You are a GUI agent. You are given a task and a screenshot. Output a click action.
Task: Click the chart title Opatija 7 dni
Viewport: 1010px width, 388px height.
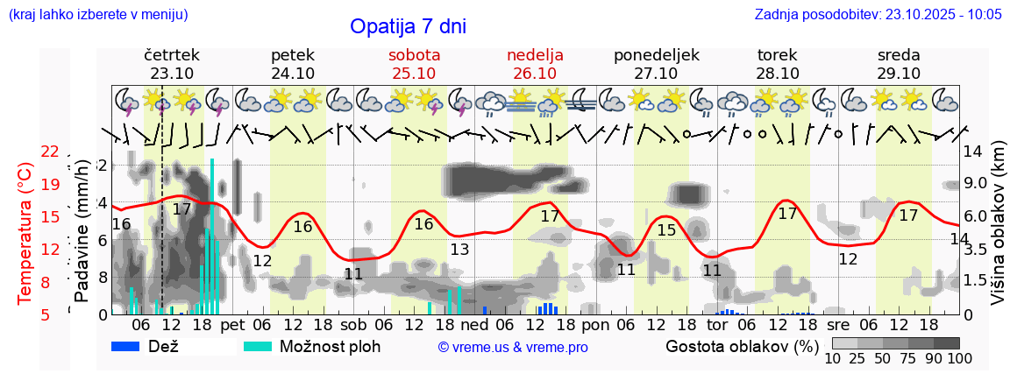tap(408, 26)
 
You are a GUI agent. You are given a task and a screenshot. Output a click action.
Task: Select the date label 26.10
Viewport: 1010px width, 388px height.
tap(535, 74)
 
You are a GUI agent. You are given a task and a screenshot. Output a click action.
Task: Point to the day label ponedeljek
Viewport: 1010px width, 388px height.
tap(657, 55)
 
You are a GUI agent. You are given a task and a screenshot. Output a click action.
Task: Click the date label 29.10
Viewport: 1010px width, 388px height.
tap(899, 74)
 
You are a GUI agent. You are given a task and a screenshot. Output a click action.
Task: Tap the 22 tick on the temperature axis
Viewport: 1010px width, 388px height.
tap(50, 152)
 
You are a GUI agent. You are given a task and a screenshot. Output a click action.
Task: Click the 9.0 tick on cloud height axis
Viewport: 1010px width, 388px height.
tap(975, 183)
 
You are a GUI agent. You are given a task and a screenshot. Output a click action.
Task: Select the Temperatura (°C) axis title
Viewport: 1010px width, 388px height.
tap(25, 234)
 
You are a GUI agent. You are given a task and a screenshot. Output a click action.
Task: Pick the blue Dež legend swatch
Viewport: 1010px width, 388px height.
tap(126, 346)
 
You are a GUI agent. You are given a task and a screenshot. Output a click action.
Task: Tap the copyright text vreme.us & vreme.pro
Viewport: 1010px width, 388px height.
tap(512, 347)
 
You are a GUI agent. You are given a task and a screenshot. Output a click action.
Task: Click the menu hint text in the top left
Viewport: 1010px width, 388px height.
tap(97, 14)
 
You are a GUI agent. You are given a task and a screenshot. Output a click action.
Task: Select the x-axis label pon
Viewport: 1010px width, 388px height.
tap(595, 324)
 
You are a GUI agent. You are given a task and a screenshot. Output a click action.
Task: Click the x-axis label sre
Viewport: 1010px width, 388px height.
tap(839, 324)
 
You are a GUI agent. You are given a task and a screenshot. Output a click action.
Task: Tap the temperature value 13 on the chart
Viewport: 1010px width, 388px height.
tap(459, 250)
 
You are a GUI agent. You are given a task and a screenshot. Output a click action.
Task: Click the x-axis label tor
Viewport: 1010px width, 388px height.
tap(717, 324)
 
